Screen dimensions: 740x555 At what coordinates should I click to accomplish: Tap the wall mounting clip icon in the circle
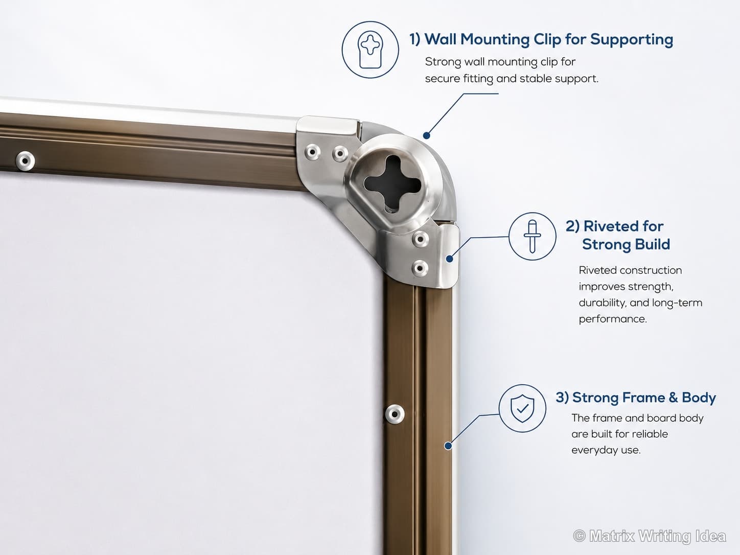[370, 50]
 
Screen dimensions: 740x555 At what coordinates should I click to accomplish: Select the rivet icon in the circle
[533, 236]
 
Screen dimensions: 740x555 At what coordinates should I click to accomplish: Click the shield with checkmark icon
[522, 408]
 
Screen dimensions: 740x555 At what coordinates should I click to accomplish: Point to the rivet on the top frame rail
[25, 161]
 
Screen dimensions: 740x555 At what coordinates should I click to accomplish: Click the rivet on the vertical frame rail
[395, 414]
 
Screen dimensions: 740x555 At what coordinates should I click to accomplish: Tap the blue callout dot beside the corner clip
[426, 135]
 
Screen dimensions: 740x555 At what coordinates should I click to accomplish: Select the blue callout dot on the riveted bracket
[449, 259]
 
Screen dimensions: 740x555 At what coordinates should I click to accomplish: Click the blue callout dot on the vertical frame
[448, 446]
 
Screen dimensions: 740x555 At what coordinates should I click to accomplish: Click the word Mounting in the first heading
[495, 40]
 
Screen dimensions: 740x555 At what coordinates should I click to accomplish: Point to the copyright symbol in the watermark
[580, 536]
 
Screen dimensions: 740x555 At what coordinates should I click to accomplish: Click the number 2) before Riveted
[572, 226]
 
